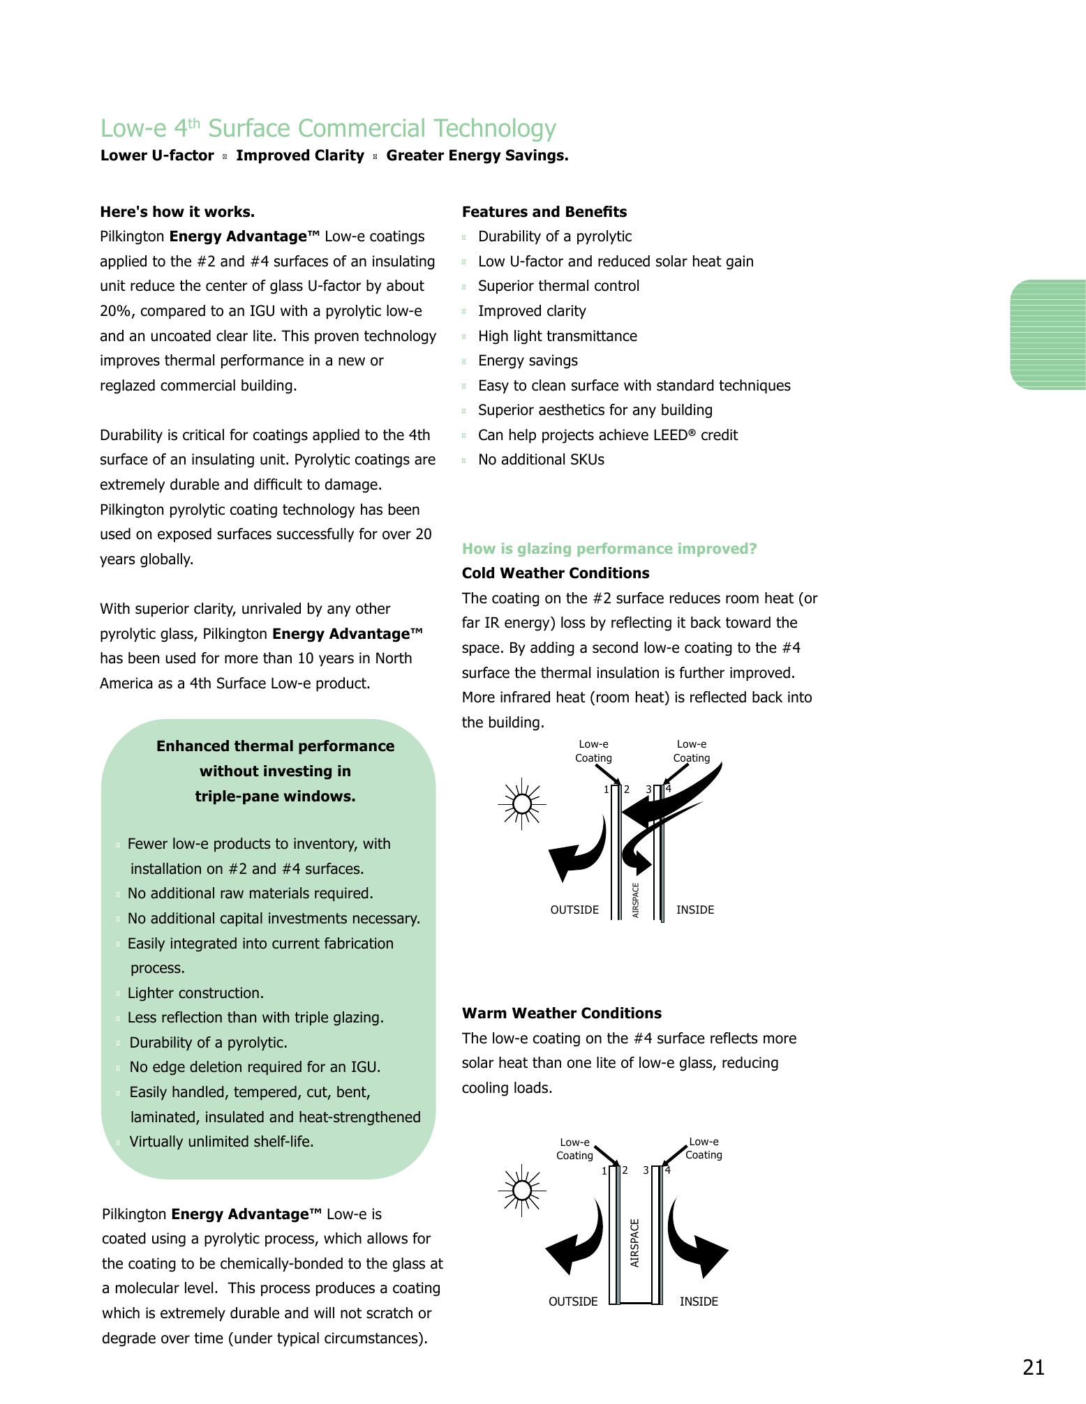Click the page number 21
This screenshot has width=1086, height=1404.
point(1033,1367)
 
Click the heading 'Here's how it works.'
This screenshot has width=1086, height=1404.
point(177,211)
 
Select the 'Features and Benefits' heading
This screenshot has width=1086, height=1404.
point(544,211)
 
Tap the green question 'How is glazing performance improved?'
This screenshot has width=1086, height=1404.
point(609,548)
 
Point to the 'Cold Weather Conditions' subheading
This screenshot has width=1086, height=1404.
point(556,573)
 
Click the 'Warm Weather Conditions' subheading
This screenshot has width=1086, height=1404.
point(562,1013)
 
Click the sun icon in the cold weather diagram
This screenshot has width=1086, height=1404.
point(521,804)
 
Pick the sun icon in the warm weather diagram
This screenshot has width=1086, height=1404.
point(521,1190)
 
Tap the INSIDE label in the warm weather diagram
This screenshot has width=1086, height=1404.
point(699,1301)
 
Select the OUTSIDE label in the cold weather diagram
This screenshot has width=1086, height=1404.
point(574,909)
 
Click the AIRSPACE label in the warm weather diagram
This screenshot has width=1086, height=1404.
point(634,1243)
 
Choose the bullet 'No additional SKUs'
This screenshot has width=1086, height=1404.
point(541,460)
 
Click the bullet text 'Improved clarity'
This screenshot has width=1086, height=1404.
point(532,311)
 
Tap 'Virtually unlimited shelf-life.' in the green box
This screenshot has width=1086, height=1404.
point(221,1142)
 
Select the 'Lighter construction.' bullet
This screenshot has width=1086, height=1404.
point(195,992)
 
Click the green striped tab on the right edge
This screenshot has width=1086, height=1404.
point(1048,334)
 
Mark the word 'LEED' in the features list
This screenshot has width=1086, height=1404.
point(668,435)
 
